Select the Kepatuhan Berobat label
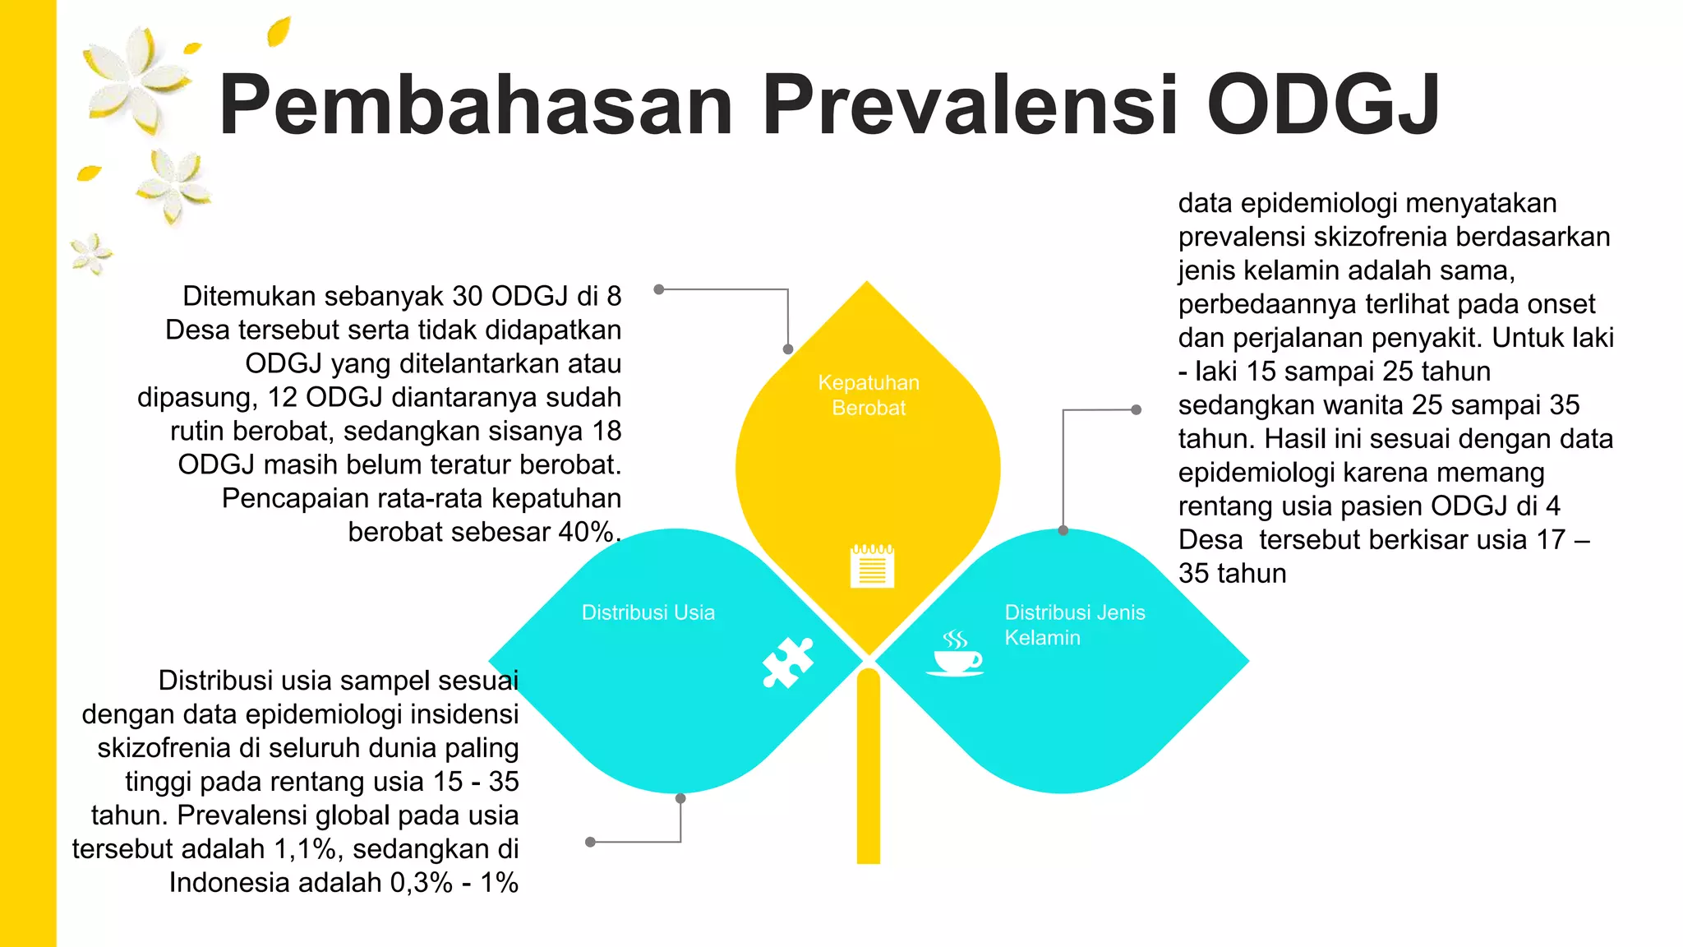(x=869, y=395)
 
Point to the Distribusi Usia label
(x=648, y=612)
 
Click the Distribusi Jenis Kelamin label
(x=1074, y=625)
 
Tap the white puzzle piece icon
(x=787, y=662)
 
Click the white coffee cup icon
(x=955, y=654)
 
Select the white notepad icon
(x=872, y=566)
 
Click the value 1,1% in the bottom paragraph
(x=308, y=849)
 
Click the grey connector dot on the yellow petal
(x=787, y=349)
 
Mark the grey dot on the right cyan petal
(x=1063, y=530)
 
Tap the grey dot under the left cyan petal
(x=680, y=798)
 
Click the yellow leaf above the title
(x=279, y=32)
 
